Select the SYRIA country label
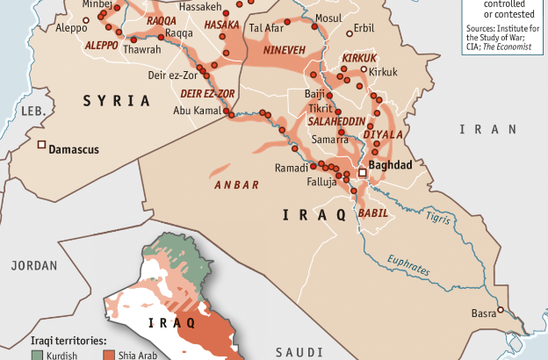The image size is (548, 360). pyautogui.click(x=116, y=101)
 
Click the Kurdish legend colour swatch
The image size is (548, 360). pyautogui.click(x=37, y=355)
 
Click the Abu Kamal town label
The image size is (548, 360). pyautogui.click(x=197, y=110)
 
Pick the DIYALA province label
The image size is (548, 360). pyautogui.click(x=387, y=134)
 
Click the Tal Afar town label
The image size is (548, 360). pyautogui.click(x=267, y=28)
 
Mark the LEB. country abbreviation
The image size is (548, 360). pyautogui.click(x=32, y=112)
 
